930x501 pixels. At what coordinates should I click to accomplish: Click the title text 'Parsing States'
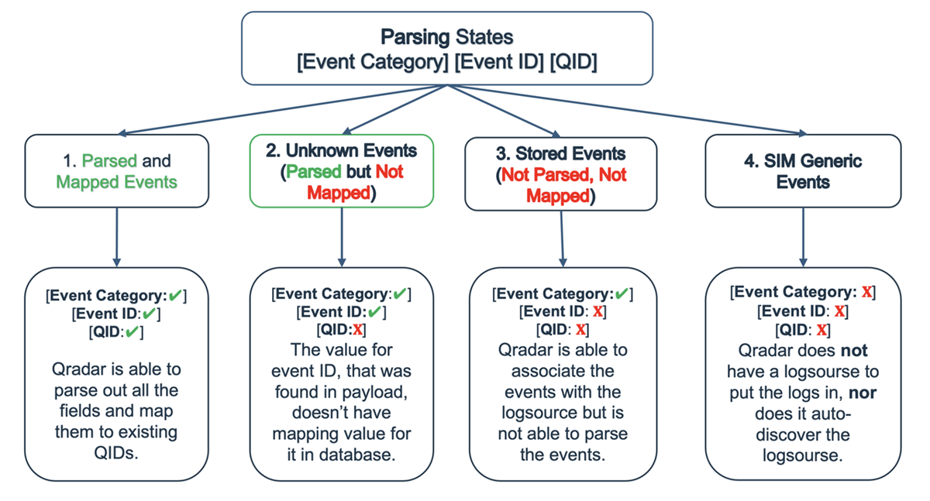coord(446,36)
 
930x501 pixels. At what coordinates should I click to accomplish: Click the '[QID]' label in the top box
coord(573,63)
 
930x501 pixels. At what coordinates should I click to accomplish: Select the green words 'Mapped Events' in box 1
coord(116,183)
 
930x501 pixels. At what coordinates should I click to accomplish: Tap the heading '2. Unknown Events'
coord(341,150)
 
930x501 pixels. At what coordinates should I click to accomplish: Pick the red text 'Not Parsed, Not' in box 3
coord(560,175)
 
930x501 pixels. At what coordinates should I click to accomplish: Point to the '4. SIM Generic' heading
coord(802,162)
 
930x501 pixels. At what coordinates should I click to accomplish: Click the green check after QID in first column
coord(133,332)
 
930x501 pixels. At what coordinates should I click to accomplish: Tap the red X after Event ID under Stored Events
coord(598,312)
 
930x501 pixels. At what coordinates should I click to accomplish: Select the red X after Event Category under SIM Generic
coord(867,292)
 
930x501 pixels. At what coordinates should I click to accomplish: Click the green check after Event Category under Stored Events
coord(622,294)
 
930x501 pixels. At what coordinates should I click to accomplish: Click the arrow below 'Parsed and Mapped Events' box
coord(116,236)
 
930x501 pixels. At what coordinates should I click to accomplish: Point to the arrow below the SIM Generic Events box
coord(802,236)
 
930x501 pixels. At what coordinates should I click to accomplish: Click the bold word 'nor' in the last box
coord(863,393)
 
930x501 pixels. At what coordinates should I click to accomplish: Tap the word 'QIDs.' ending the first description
coord(116,453)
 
